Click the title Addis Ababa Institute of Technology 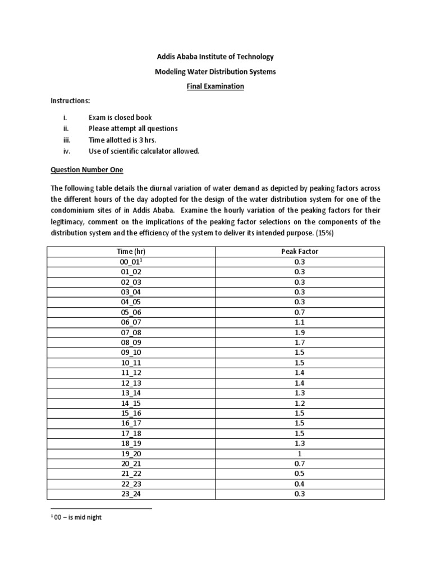coord(215,57)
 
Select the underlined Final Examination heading coord(215,86)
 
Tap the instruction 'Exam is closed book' coord(120,118)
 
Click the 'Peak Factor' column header coord(300,252)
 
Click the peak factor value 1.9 coord(300,332)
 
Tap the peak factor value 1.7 coord(300,342)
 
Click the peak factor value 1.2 coord(300,403)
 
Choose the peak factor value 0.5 coord(300,474)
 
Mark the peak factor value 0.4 coord(300,484)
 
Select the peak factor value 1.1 coord(300,322)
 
